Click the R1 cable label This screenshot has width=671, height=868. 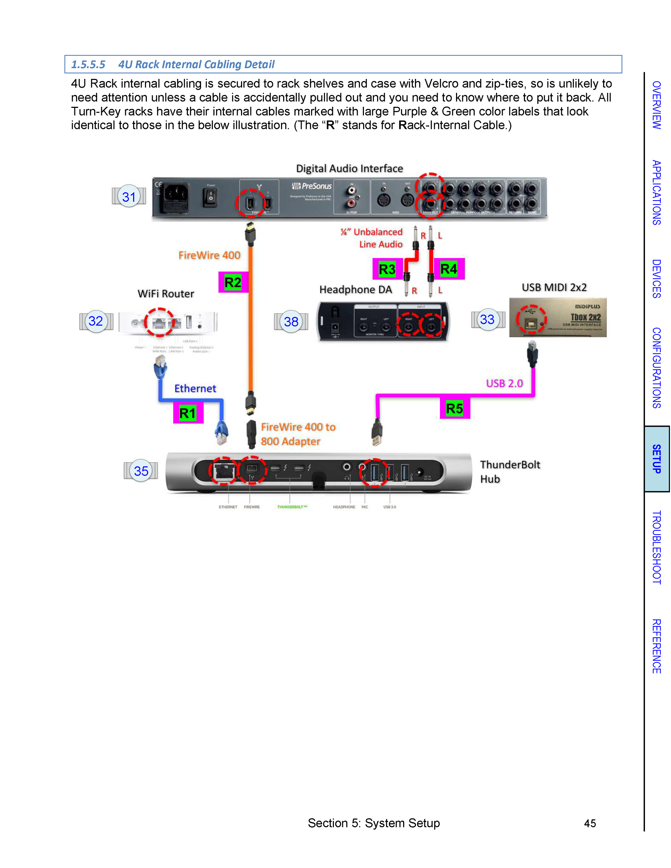pyautogui.click(x=188, y=413)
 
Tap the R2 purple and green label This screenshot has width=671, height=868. pyautogui.click(x=233, y=282)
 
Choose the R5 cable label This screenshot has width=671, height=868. pyautogui.click(x=455, y=408)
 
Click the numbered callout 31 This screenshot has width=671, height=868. pyautogui.click(x=129, y=196)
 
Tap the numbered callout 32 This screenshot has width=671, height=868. pyautogui.click(x=96, y=321)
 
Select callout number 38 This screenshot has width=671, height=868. pyautogui.click(x=291, y=321)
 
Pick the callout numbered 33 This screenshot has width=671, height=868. pyautogui.click(x=487, y=319)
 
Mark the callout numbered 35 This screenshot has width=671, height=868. pyautogui.click(x=141, y=471)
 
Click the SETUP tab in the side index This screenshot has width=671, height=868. pyautogui.click(x=657, y=459)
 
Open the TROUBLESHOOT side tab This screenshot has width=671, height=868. pyautogui.click(x=657, y=547)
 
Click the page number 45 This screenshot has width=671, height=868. pyautogui.click(x=590, y=823)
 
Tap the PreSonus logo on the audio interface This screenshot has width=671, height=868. pyautogui.click(x=312, y=186)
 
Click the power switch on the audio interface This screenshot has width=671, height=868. pyautogui.click(x=210, y=196)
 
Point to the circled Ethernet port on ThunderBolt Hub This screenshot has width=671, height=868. pyautogui.click(x=223, y=471)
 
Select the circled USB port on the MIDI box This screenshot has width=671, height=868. pyautogui.click(x=531, y=319)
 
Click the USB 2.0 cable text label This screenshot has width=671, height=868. pyautogui.click(x=504, y=383)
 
